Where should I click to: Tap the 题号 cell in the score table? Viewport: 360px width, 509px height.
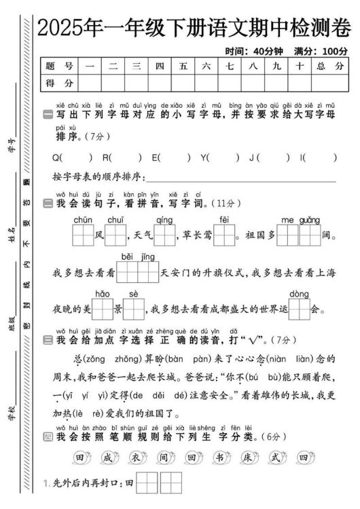click(59, 66)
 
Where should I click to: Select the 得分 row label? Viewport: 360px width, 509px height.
click(59, 83)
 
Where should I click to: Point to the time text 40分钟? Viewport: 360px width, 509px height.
click(266, 51)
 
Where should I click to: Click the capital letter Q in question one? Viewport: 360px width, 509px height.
click(56, 158)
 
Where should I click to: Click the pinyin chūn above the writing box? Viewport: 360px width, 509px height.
click(83, 219)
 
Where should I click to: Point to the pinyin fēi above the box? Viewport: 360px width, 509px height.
click(225, 219)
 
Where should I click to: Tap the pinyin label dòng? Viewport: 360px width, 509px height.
click(299, 294)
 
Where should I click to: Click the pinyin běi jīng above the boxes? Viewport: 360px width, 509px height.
click(138, 257)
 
